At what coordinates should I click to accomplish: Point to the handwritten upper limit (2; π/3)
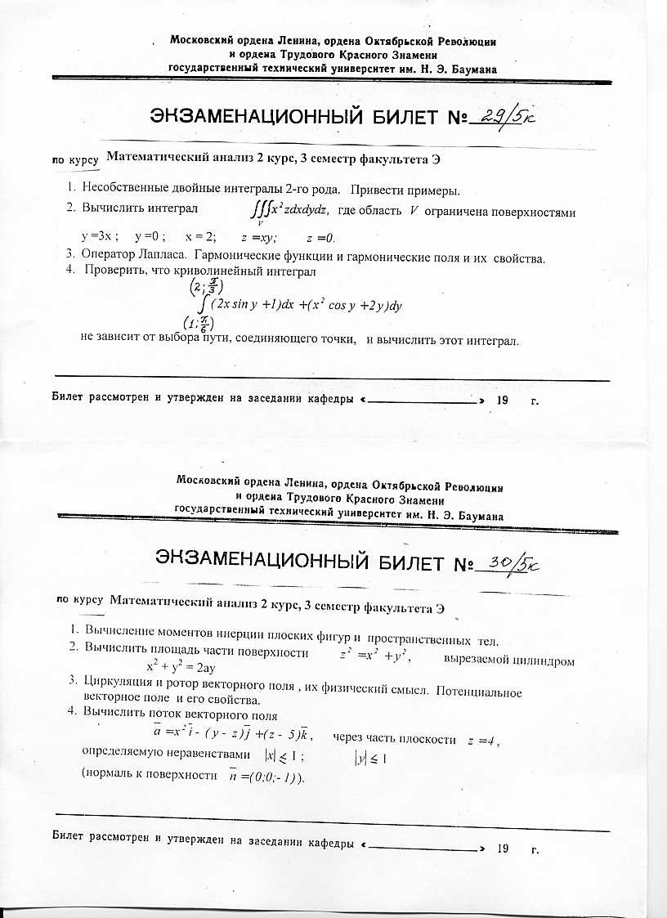coord(201,288)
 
